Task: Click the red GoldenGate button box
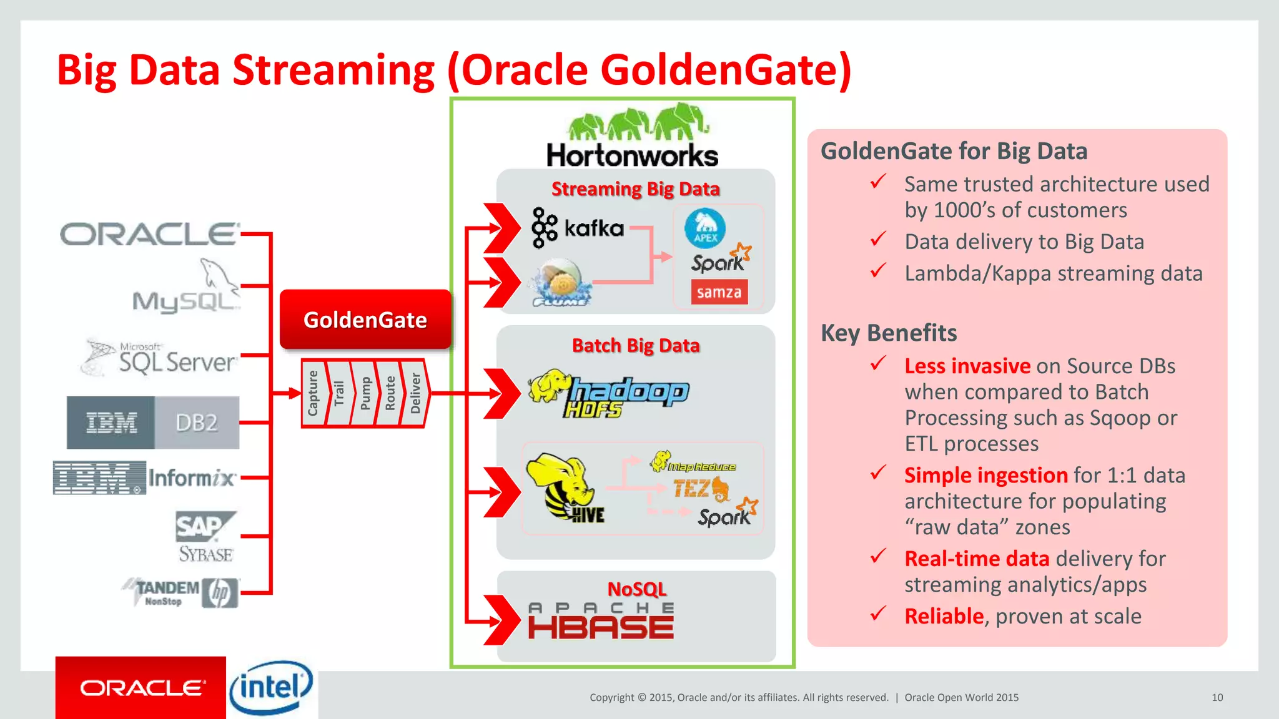(365, 320)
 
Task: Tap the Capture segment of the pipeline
(313, 393)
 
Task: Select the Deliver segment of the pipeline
(415, 393)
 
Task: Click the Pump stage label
(365, 393)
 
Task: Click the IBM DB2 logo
(153, 423)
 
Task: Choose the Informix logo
(145, 478)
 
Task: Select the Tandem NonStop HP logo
(181, 592)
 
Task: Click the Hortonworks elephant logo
(633, 136)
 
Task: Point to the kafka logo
(578, 228)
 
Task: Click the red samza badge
(719, 292)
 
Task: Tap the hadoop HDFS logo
(608, 394)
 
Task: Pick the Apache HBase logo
(601, 621)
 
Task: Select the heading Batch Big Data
(636, 346)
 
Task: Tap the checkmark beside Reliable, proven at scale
(878, 614)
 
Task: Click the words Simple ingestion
(985, 476)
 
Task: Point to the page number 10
(1217, 697)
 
